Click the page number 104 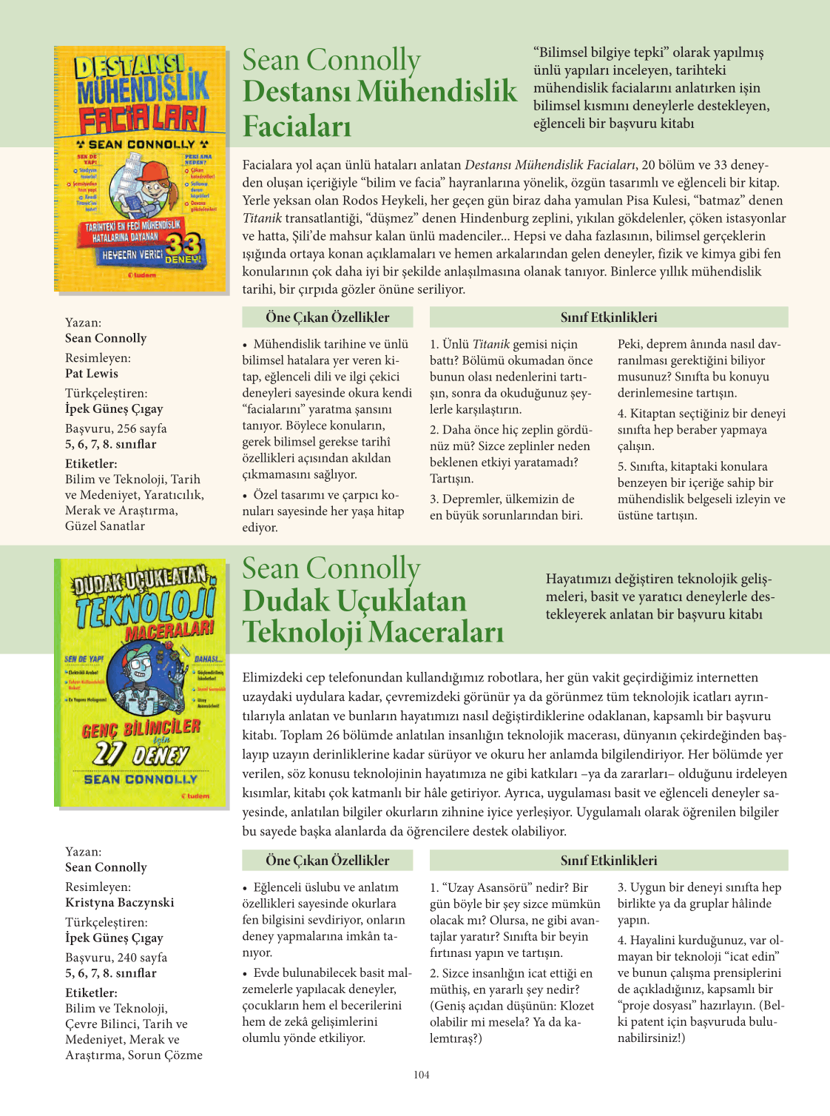(421, 1075)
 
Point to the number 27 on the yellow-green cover (108, 753)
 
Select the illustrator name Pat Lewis (92, 373)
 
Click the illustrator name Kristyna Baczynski (120, 902)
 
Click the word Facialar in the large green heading (297, 126)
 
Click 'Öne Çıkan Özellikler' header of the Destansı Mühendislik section (328, 317)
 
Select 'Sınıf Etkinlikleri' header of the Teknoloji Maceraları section (609, 861)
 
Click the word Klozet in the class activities (575, 1006)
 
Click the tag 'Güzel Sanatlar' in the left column (105, 526)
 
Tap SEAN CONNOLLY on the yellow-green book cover (141, 779)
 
